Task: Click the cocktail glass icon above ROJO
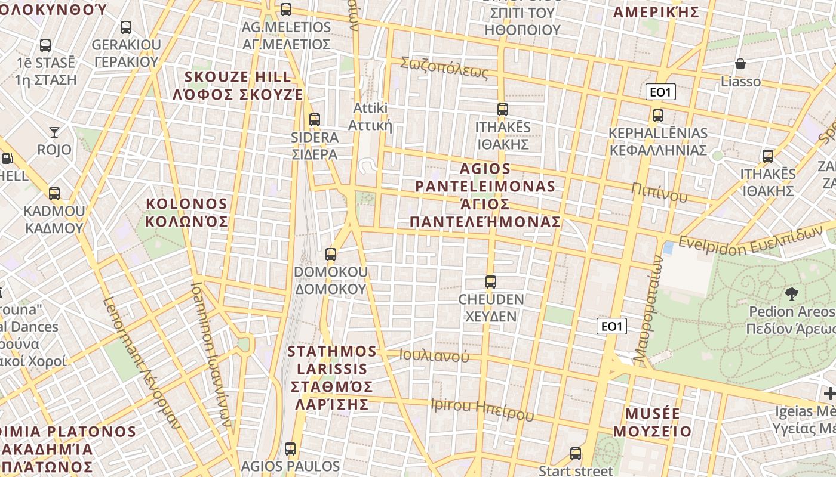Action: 54,132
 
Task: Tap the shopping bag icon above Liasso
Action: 740,64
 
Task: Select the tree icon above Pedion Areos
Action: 792,293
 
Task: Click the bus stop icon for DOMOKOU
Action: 331,255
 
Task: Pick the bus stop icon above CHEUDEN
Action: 491,281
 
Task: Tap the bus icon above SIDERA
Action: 315,120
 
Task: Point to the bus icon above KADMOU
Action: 54,194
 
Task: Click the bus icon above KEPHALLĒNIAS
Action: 657,116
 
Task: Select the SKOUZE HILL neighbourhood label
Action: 238,85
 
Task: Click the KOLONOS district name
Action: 187,213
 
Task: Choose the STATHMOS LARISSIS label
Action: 332,377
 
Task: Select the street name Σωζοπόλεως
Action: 444,67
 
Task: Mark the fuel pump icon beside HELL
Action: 7,159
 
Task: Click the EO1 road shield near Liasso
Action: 660,92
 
